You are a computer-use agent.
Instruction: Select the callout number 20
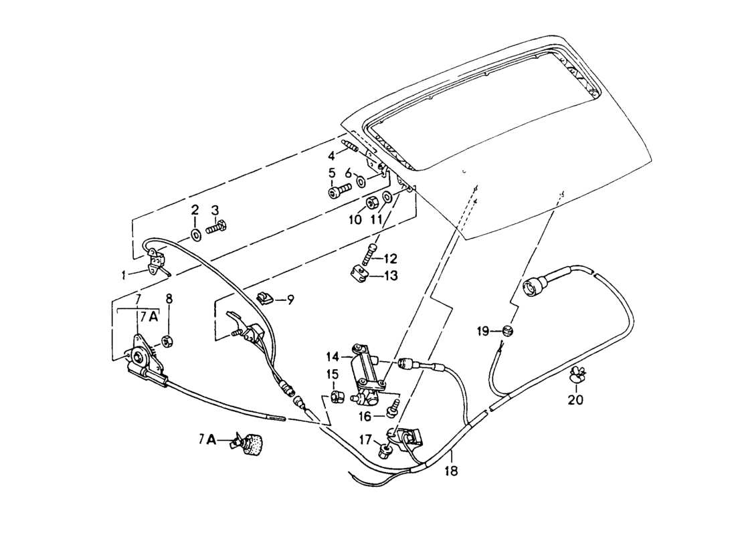pyautogui.click(x=575, y=401)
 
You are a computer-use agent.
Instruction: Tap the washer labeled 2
pyautogui.click(x=195, y=234)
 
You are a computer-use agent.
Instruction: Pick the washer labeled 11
pyautogui.click(x=387, y=197)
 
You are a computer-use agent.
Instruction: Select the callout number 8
pyautogui.click(x=169, y=300)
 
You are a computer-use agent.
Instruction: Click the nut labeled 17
pyautogui.click(x=387, y=450)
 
